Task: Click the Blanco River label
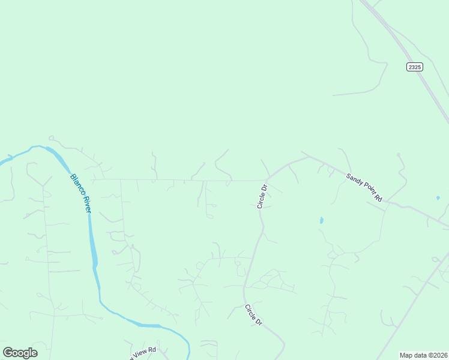pos(80,193)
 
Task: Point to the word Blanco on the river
pos(76,184)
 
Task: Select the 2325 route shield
pos(415,67)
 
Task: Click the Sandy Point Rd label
pos(364,187)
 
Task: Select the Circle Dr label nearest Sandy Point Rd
pos(262,196)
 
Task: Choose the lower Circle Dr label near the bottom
pos(253,315)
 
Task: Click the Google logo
pos(20,353)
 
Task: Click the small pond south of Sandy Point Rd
pos(321,220)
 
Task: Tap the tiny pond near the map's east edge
pos(438,197)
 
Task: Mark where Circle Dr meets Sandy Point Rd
pos(268,177)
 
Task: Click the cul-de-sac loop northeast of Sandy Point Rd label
pos(398,155)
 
